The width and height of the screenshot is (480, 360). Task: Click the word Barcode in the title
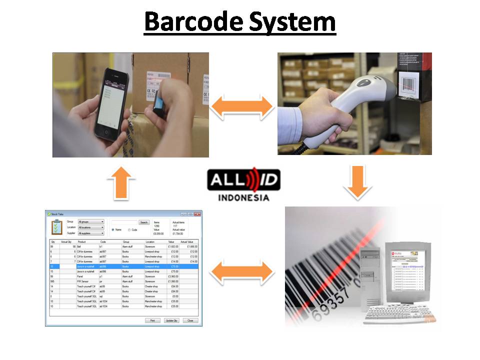pos(192,22)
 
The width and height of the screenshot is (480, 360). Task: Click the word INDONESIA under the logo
pos(243,197)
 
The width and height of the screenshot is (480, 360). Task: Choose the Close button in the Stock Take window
pos(189,320)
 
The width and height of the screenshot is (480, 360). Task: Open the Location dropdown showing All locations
pos(91,227)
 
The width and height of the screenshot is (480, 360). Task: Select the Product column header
pos(82,241)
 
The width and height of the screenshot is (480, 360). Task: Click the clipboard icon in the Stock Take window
pos(56,226)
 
